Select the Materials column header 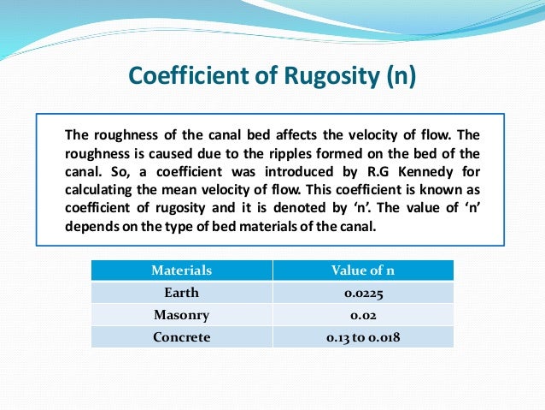[x=181, y=270]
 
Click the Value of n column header [x=363, y=270]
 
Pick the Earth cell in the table [x=181, y=293]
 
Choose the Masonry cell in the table [x=181, y=314]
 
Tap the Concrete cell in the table [x=181, y=336]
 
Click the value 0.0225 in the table [x=363, y=293]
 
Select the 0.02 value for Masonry [x=363, y=314]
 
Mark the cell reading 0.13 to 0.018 [x=363, y=336]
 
